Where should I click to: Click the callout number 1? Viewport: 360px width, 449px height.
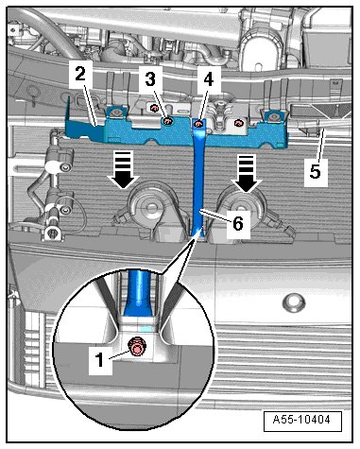pos(100,359)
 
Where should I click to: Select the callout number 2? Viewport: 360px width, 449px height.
pos(80,75)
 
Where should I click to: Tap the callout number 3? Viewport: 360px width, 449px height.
pos(150,78)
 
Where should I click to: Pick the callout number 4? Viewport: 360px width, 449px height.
pos(208,78)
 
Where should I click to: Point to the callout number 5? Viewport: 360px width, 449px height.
pos(316,172)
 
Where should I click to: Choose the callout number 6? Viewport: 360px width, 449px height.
pos(238,223)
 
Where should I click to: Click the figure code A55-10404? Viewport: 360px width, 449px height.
pos(301,420)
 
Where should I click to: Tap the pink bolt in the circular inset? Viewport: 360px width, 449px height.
pos(136,348)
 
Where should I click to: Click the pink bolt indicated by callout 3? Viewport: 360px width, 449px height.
pos(168,121)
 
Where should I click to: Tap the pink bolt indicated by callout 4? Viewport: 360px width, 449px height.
pos(198,124)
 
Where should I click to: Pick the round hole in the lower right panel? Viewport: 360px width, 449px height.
pos(294,302)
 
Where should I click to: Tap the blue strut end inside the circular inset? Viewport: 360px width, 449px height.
pos(139,293)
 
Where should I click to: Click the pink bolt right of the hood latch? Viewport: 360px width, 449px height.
pos(239,123)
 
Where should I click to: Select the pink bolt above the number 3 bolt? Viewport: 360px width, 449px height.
pos(154,109)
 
